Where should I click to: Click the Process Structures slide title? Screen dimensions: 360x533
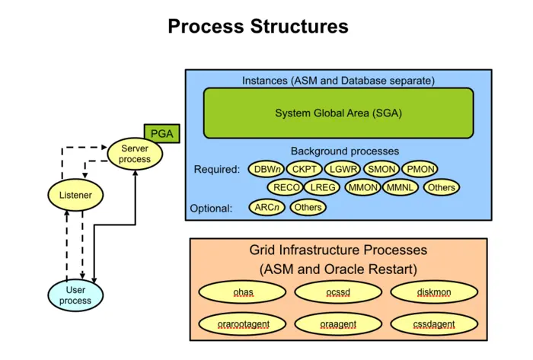tap(258, 27)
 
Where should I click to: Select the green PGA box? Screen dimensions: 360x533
tap(161, 134)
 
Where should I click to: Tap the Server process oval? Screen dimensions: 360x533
tap(135, 154)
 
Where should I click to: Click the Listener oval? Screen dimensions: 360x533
tap(75, 196)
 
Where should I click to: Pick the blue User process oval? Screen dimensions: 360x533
tap(75, 295)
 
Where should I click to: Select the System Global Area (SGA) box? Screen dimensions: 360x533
tap(338, 113)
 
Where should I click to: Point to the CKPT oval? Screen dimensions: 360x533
tap(305, 169)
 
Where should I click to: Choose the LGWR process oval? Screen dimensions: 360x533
tap(343, 169)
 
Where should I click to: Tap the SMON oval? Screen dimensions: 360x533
tap(381, 169)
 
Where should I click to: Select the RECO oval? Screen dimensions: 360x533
tap(286, 187)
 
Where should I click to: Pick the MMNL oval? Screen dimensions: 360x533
tap(401, 187)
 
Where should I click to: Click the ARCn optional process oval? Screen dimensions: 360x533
tap(266, 207)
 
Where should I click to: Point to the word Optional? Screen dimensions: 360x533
tap(211, 208)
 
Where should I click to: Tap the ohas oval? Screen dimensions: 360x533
tap(242, 292)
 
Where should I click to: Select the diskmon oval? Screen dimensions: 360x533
tap(434, 292)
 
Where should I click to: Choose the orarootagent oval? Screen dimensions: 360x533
tap(242, 324)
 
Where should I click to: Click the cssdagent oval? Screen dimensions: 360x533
tap(434, 324)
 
